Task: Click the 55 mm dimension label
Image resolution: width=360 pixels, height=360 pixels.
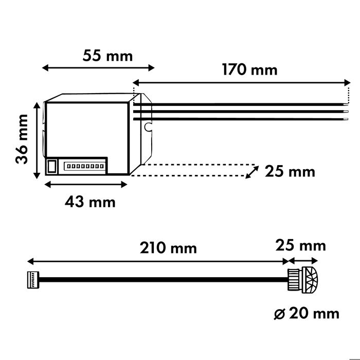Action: click(x=107, y=55)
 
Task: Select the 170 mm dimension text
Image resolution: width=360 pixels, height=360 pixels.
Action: click(x=249, y=69)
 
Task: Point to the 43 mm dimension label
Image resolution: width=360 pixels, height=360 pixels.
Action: click(x=90, y=202)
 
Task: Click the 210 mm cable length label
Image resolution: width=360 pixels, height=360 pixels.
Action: click(x=169, y=248)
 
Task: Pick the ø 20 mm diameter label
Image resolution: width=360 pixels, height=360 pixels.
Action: click(x=307, y=313)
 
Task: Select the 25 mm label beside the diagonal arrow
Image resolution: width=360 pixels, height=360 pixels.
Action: click(x=290, y=171)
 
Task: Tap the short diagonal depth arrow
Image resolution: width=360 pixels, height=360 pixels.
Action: click(x=251, y=171)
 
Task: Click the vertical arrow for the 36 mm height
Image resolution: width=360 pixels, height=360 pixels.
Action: click(x=37, y=140)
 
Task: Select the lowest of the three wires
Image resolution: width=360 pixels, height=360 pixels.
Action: click(x=242, y=119)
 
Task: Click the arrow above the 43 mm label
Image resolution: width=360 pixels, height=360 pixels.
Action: click(x=87, y=183)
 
